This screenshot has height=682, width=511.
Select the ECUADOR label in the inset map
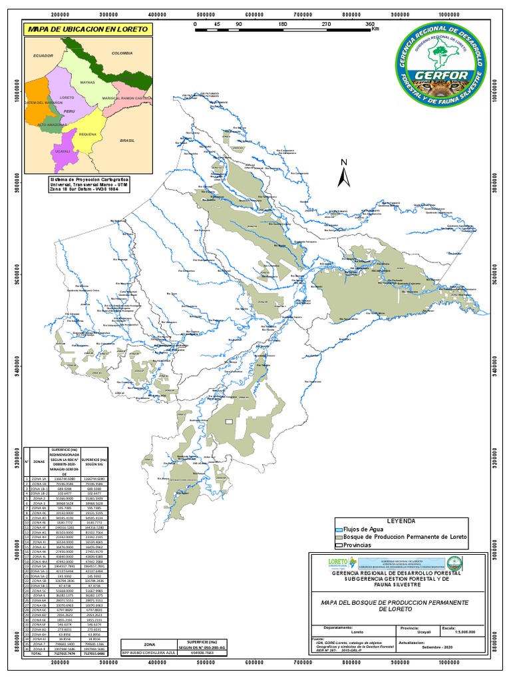coord(43,56)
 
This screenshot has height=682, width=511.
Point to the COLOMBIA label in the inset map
coord(123,52)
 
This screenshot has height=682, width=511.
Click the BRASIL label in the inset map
coord(127,141)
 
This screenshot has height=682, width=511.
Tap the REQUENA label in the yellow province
coord(88,134)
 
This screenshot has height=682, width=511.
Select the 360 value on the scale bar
coord(371,24)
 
